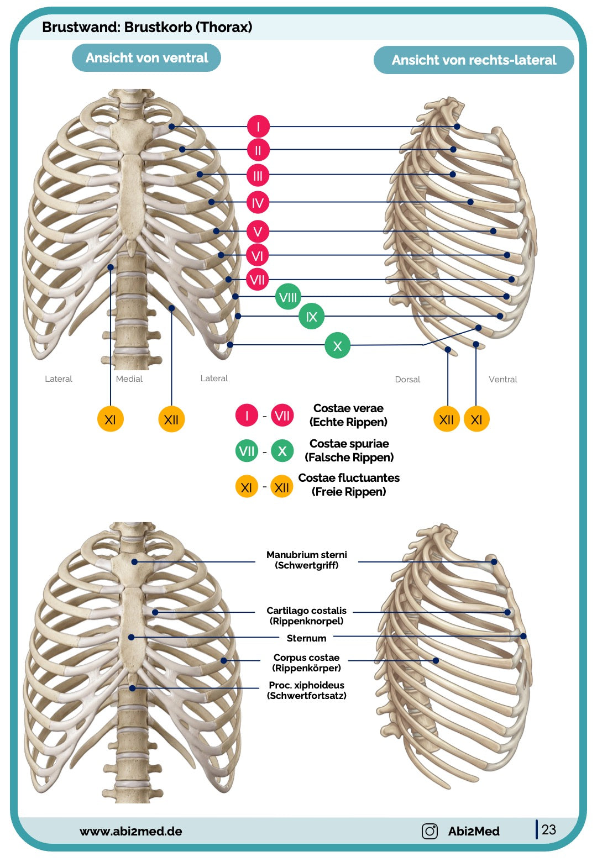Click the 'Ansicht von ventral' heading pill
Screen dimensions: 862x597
point(146,58)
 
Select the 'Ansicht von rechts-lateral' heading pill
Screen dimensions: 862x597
point(474,60)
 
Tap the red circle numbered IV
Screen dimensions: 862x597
point(258,203)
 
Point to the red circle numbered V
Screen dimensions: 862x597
point(258,232)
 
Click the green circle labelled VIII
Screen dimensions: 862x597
point(288,298)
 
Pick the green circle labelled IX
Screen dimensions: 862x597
point(311,317)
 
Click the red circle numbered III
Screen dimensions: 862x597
point(258,176)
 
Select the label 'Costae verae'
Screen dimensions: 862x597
point(348,408)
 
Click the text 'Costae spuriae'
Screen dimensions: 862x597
point(349,444)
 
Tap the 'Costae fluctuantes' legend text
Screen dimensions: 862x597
point(349,478)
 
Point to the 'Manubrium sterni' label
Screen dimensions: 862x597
point(307,555)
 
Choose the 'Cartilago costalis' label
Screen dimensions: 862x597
point(306,611)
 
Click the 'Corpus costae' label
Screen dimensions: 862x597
point(306,658)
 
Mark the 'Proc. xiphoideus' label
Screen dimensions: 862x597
point(306,685)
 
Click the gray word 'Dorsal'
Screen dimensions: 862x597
point(407,380)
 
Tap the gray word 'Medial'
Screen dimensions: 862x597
point(129,379)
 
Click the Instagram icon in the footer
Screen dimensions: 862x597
point(430,831)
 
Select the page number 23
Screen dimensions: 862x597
point(549,830)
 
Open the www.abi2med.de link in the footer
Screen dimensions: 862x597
point(131,831)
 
